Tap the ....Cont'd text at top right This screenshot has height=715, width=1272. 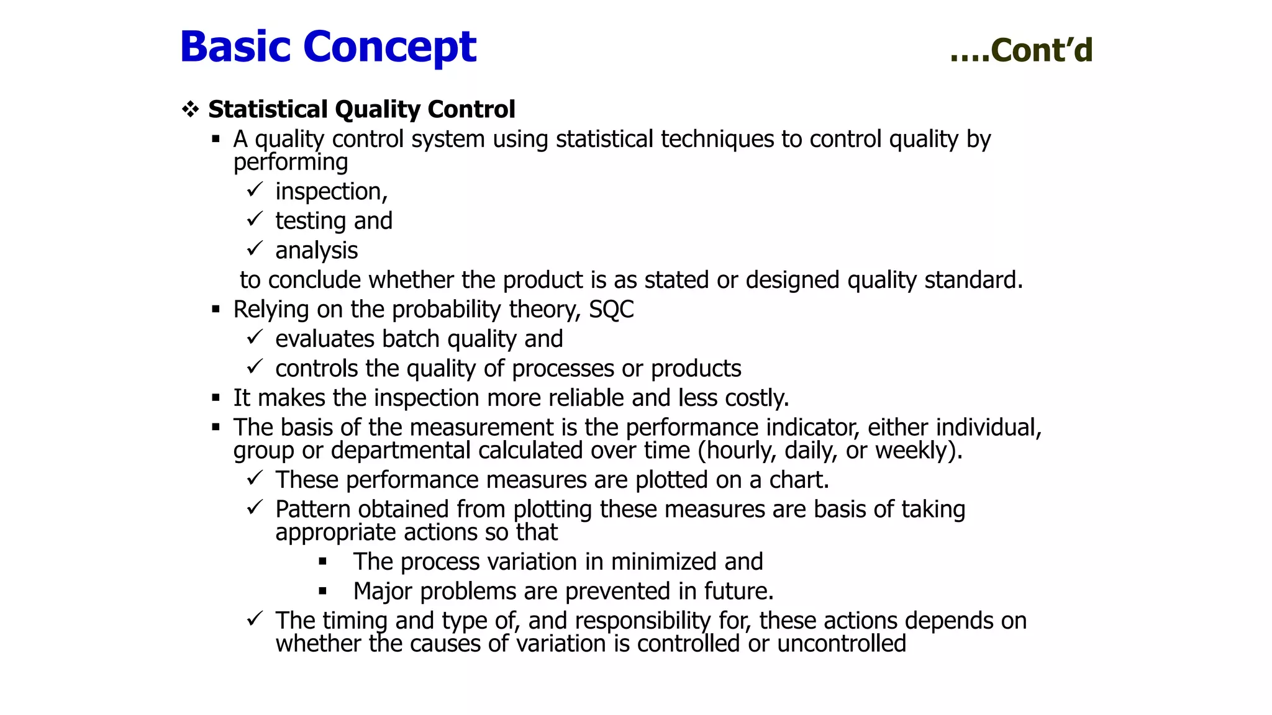1021,50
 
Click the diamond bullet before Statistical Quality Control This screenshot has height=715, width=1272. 190,110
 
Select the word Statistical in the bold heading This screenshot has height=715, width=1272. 268,109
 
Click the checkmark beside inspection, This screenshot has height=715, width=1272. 255,189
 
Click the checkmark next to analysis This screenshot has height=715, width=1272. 255,249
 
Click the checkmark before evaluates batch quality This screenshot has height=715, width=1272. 255,337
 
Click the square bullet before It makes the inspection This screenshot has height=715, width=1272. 216,398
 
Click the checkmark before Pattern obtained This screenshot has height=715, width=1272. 255,508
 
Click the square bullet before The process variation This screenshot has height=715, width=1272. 322,562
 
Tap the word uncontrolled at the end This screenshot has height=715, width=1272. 842,644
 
